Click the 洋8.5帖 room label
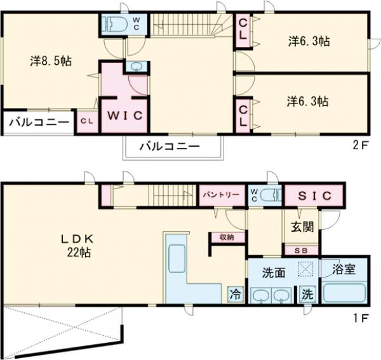(x=51, y=61)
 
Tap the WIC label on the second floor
(x=124, y=116)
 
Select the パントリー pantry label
(x=222, y=194)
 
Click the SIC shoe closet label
(x=315, y=196)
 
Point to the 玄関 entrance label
(x=302, y=227)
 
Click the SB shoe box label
(x=301, y=251)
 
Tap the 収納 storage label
(x=227, y=237)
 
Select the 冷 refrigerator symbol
(x=236, y=295)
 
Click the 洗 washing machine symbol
(x=307, y=295)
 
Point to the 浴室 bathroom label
(x=344, y=269)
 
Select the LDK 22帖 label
(x=77, y=246)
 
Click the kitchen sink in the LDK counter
(x=177, y=258)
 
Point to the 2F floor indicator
(x=360, y=145)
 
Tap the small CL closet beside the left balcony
(x=87, y=121)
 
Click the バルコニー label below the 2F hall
(x=170, y=147)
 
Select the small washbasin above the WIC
(x=137, y=67)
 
